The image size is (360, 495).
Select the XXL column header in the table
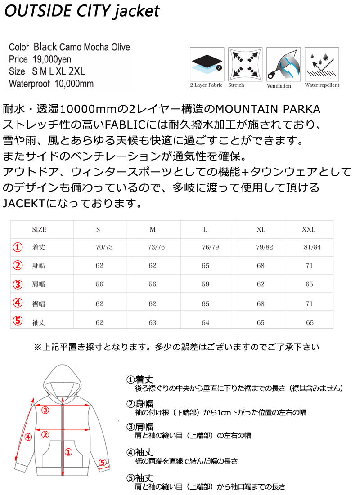(x=308, y=229)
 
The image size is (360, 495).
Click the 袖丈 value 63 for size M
(x=153, y=322)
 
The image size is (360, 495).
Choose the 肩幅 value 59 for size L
(x=206, y=284)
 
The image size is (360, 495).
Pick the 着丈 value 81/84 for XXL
(x=312, y=247)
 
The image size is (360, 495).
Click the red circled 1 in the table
(x=17, y=247)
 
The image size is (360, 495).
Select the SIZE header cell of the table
(x=40, y=229)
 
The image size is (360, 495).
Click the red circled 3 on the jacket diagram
(x=45, y=410)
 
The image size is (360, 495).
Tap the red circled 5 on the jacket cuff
(x=102, y=462)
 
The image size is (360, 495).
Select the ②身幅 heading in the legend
(x=140, y=403)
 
